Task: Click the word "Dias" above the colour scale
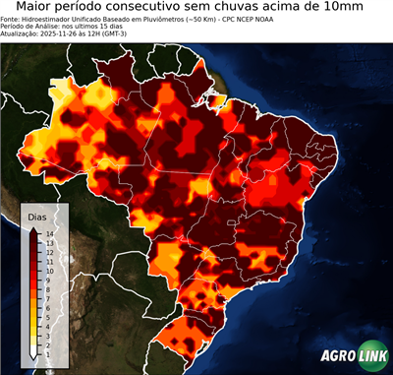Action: pyautogui.click(x=36, y=216)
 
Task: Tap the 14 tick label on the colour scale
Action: pyautogui.click(x=48, y=233)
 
